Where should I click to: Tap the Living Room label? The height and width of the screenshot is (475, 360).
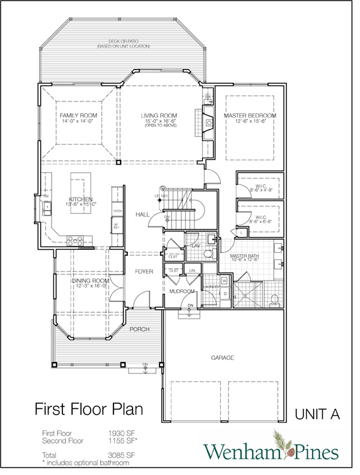click(158, 115)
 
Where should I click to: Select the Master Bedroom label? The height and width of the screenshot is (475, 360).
click(250, 115)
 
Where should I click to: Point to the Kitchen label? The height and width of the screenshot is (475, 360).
click(80, 199)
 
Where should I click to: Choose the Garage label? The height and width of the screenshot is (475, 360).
click(222, 357)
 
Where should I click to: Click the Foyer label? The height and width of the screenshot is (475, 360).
click(143, 271)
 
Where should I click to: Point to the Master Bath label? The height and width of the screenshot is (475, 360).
click(245, 256)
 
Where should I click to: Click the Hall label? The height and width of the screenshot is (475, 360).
click(142, 214)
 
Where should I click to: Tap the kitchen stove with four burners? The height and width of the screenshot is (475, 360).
click(75, 241)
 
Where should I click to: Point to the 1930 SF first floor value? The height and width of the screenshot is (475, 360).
click(117, 432)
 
